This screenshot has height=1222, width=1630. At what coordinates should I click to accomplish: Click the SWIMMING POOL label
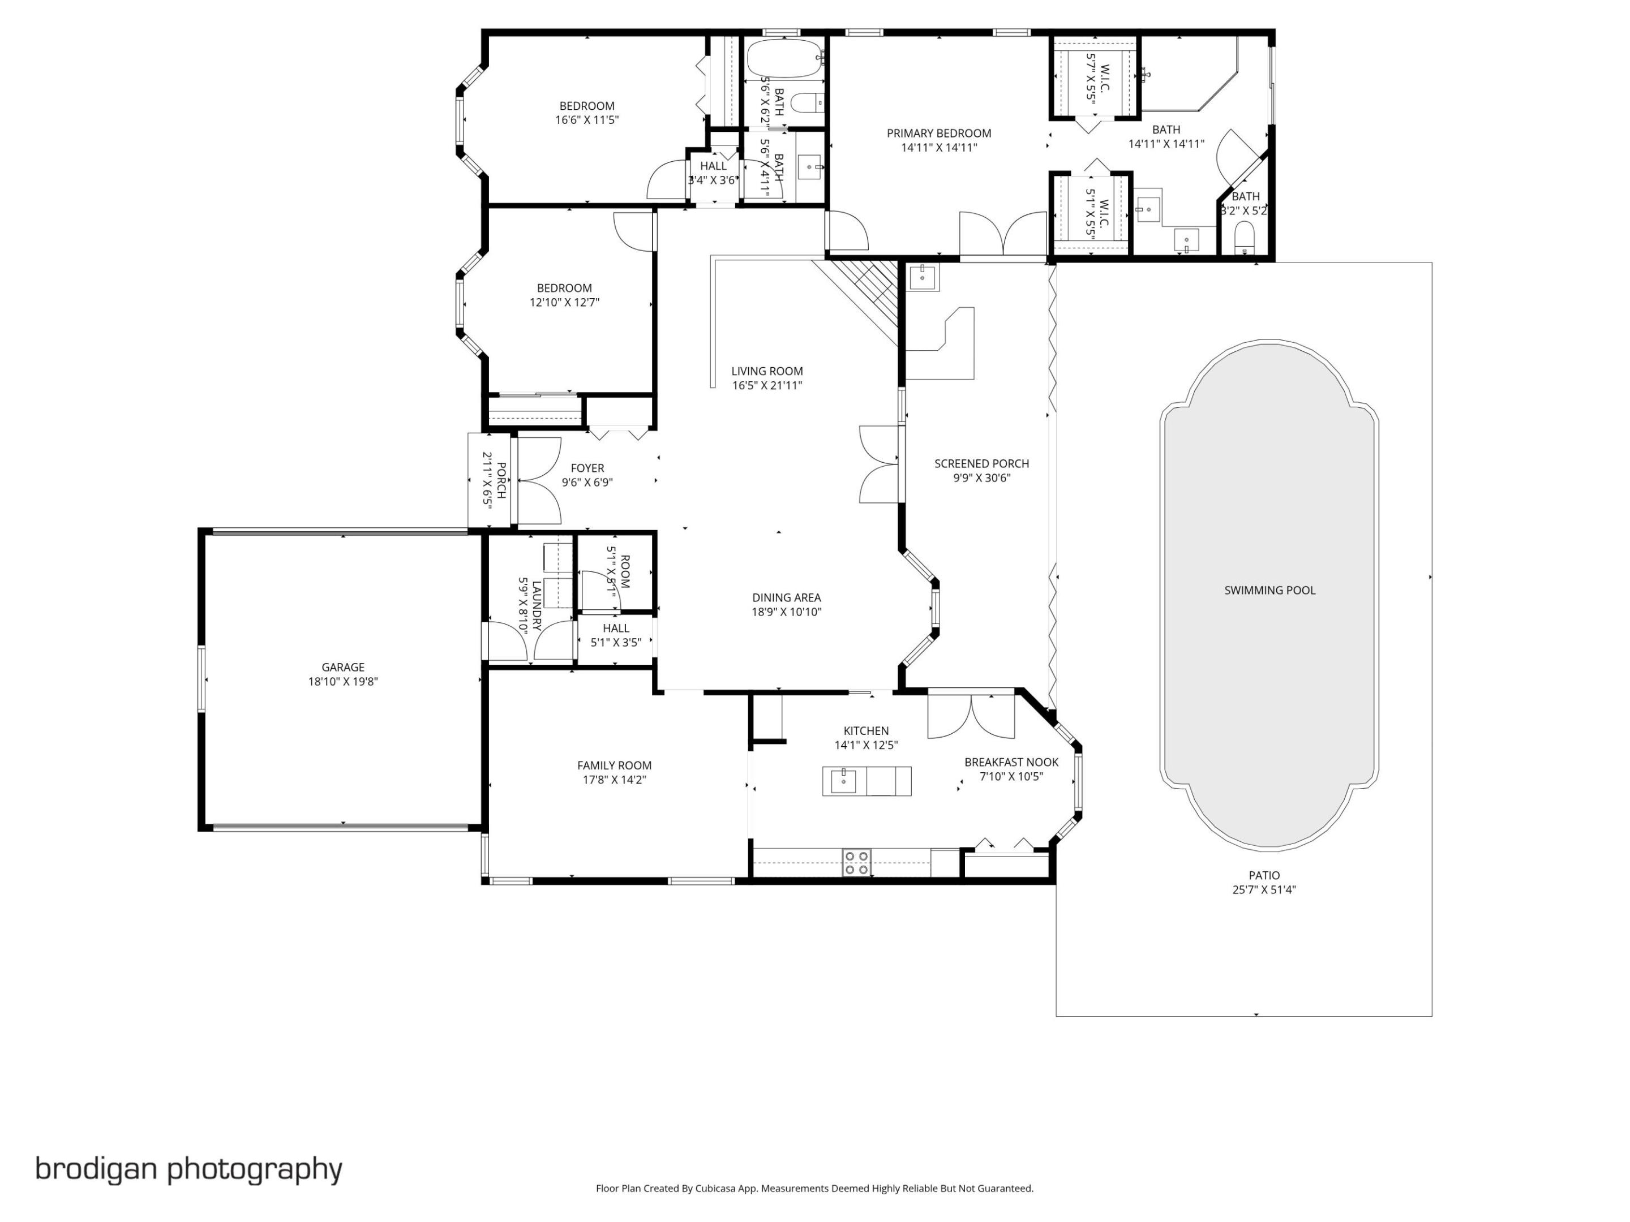tap(1269, 590)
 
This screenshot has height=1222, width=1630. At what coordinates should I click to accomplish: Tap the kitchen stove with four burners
tap(856, 863)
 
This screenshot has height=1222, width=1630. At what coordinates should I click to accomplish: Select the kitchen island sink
tap(843, 781)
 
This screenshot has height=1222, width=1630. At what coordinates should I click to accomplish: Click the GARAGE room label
tap(342, 668)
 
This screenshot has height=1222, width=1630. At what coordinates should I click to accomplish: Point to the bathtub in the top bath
tap(783, 58)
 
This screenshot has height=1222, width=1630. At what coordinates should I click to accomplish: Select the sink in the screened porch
tap(923, 278)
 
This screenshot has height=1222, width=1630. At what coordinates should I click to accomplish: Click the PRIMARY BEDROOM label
tap(939, 134)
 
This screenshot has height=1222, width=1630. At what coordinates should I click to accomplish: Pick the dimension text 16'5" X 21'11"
tap(766, 385)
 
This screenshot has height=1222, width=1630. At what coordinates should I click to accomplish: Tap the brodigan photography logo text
tap(188, 1168)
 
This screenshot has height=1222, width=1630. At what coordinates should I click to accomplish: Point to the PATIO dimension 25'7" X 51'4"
tap(1264, 889)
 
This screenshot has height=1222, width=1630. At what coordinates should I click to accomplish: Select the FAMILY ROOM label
tap(614, 765)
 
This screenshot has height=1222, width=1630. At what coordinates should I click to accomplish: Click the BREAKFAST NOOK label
tap(1011, 763)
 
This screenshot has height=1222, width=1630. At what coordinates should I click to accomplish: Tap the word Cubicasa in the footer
tap(715, 1188)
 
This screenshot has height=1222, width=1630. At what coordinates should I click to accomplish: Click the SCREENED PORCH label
tap(981, 463)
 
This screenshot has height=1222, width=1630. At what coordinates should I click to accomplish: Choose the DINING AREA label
tap(786, 597)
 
